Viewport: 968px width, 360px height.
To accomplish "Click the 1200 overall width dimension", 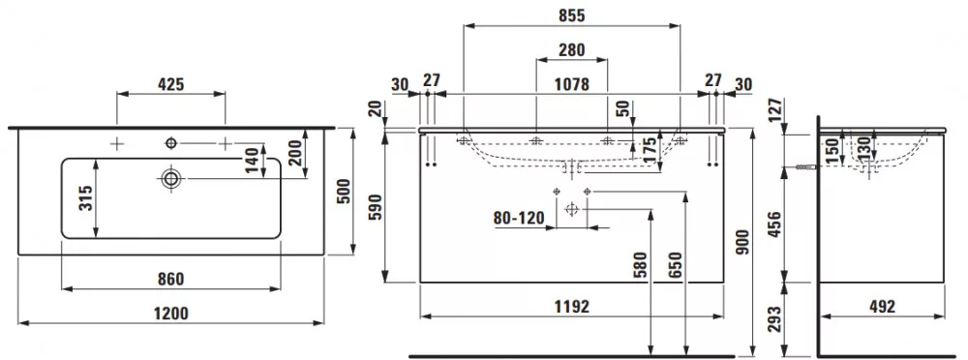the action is coord(171,314).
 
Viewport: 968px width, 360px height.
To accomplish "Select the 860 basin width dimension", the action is coord(171,280).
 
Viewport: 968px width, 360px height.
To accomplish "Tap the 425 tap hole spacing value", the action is coord(171,84).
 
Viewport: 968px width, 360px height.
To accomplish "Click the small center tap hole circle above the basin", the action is coord(171,143).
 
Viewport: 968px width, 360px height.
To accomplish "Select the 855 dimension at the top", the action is coord(572,16).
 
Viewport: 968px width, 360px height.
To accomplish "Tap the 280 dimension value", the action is coord(572,50).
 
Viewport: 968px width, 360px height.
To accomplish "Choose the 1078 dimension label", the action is coord(572,84).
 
